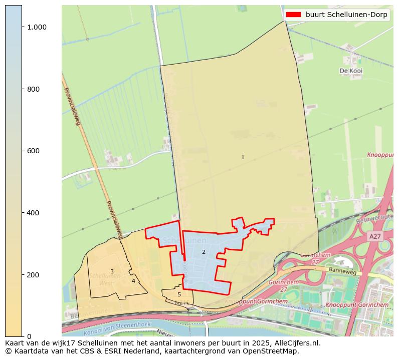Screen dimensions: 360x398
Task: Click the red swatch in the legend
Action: point(293,15)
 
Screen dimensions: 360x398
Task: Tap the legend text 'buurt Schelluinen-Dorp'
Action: point(346,15)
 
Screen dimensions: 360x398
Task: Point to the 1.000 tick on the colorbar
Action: point(36,27)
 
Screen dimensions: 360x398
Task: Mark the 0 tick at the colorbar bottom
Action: point(29,336)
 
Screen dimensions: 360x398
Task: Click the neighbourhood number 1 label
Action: point(243,158)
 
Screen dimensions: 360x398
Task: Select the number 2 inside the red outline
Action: point(204,252)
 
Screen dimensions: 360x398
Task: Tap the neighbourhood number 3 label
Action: point(112,272)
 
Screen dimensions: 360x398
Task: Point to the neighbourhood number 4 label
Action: point(133,281)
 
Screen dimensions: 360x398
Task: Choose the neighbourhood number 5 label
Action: point(179,295)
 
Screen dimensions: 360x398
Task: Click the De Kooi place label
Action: point(351,71)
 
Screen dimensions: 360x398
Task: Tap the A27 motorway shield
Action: point(374,236)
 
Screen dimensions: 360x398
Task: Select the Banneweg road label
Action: point(343,271)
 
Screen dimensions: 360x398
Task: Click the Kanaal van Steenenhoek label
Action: point(117,328)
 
